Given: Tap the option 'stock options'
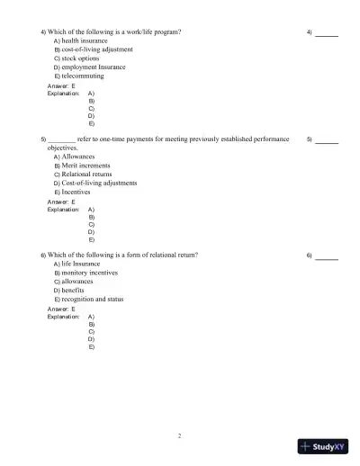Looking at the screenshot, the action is click(80, 58).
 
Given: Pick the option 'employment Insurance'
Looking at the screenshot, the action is click(94, 67).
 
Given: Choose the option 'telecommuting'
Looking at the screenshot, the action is click(81, 76).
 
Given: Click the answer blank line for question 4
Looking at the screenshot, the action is click(327, 33).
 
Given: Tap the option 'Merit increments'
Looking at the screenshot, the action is click(86, 166).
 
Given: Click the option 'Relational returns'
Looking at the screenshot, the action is click(87, 174).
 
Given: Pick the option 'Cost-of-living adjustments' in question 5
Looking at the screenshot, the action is click(99, 183).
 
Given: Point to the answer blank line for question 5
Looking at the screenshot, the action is click(327, 141).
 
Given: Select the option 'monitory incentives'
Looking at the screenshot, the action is click(90, 273).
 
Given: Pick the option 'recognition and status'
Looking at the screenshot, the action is click(93, 299).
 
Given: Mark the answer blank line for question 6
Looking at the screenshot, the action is click(327, 256).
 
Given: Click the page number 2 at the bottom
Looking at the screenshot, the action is click(179, 435).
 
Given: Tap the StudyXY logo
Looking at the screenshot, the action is click(323, 445).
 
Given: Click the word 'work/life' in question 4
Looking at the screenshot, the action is click(134, 31).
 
